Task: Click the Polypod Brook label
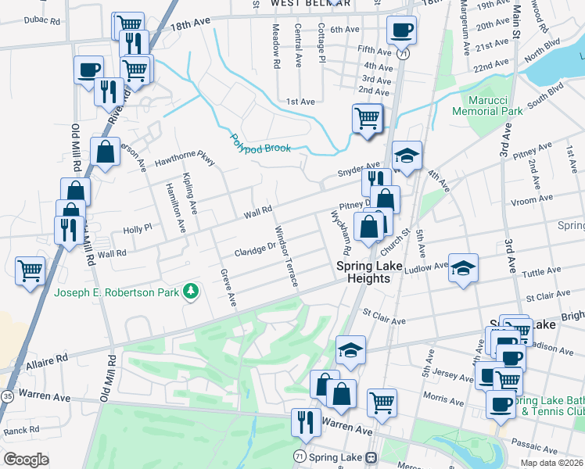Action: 260,144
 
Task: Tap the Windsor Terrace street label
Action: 285,256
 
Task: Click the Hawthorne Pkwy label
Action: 184,159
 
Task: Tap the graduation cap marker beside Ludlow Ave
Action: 463,268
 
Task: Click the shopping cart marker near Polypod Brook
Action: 367,119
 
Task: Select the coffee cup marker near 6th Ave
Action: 401,30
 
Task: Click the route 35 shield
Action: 6,396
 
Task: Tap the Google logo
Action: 26,459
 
